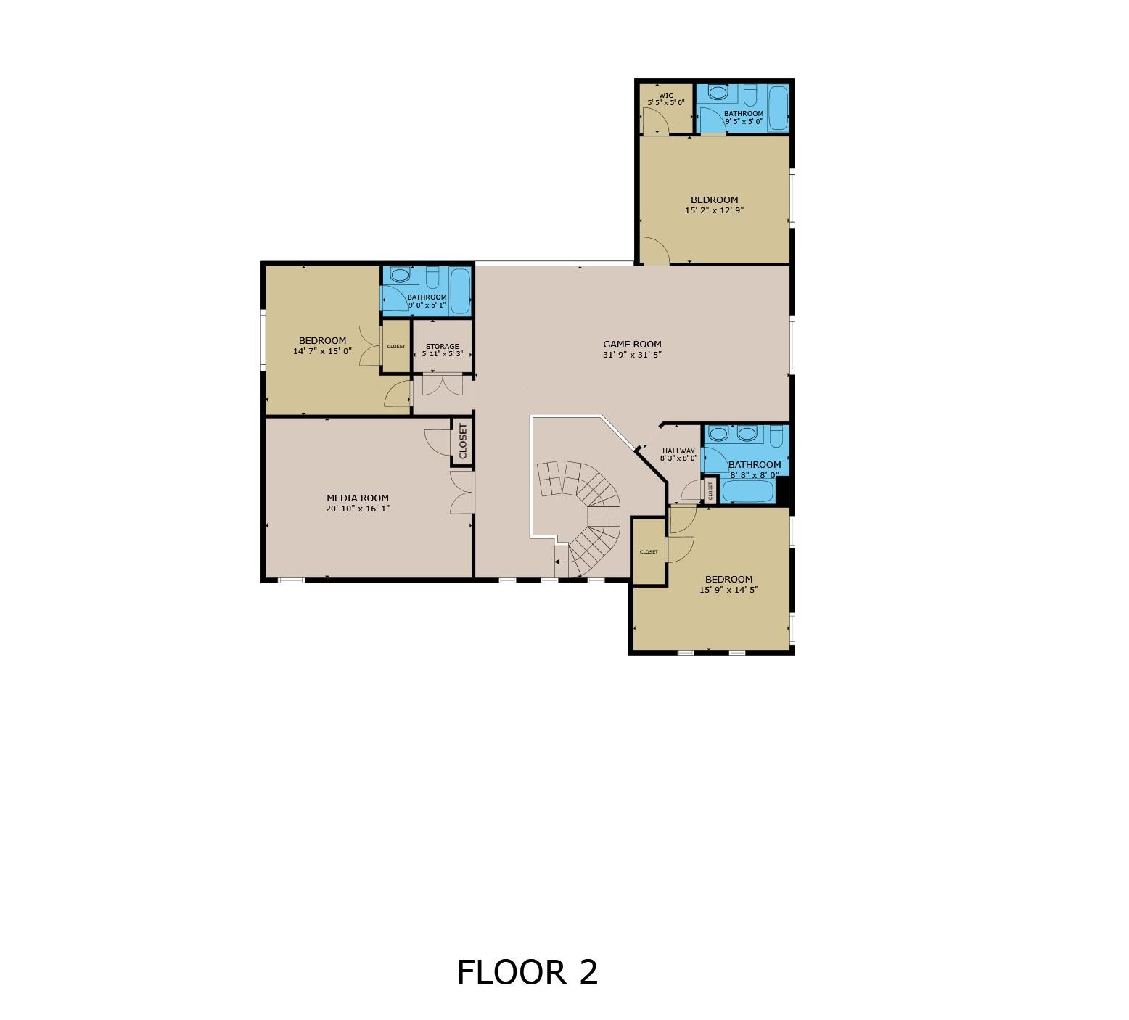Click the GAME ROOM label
tap(632, 345)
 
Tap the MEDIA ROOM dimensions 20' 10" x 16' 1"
tap(358, 509)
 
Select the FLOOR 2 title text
tap(527, 972)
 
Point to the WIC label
tap(665, 96)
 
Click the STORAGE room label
tap(442, 347)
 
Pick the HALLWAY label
tap(678, 451)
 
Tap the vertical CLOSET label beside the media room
tap(462, 440)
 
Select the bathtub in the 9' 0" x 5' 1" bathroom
tap(460, 291)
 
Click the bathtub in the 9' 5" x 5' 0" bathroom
tap(778, 109)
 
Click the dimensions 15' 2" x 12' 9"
tap(715, 210)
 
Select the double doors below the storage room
tap(443, 384)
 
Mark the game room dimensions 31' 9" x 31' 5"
tap(632, 355)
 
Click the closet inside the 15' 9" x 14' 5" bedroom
tap(649, 551)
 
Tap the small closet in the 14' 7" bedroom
tap(396, 346)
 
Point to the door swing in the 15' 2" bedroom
tap(656, 251)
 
